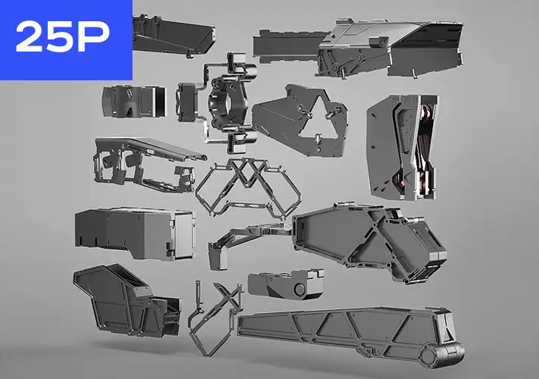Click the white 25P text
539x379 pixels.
point(66,37)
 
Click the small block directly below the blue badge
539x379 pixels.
point(133,102)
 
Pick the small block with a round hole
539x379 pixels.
point(285,283)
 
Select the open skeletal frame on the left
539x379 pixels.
point(140,163)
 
